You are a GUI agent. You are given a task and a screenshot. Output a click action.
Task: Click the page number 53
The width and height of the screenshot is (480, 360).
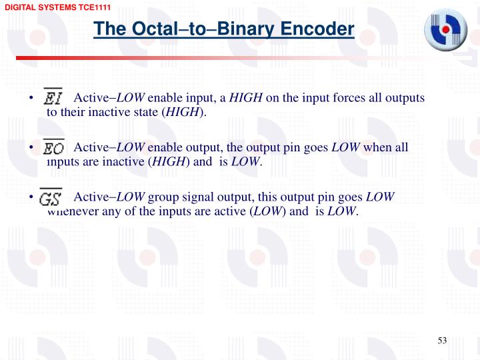click(x=441, y=341)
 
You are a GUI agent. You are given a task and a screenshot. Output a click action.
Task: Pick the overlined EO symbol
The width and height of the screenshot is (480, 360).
click(x=54, y=147)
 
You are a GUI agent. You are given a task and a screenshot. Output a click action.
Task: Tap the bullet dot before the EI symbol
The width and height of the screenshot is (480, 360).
click(x=31, y=99)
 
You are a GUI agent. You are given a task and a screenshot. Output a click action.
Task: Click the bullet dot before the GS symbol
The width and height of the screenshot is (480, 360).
click(x=31, y=197)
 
